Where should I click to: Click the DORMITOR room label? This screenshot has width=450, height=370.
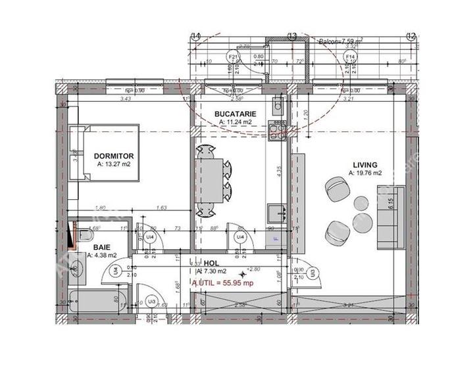[x=114, y=156]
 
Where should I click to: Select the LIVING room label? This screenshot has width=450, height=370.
[x=364, y=164]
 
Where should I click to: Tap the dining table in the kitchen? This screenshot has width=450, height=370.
[x=211, y=179]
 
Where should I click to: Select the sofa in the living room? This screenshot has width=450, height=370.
[x=386, y=217]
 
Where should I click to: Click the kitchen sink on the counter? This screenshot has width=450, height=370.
[x=276, y=212]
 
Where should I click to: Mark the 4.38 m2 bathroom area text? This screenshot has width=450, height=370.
[x=103, y=255]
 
